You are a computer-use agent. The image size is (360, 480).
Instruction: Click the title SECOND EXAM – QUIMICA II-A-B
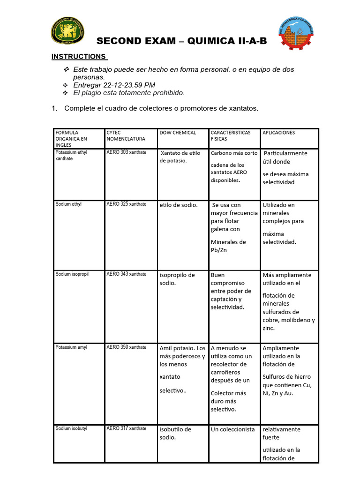point(181,41)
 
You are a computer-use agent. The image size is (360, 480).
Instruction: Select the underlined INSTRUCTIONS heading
point(79,57)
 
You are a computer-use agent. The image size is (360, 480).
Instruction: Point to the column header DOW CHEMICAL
point(178,133)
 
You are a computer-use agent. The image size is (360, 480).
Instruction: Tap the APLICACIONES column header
point(278,133)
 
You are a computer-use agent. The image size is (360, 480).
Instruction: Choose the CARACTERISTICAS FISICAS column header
point(231,136)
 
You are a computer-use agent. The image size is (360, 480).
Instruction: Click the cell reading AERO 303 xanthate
point(126,152)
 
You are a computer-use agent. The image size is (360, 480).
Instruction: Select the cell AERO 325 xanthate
point(126,204)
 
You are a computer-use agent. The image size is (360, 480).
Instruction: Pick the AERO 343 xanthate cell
point(126,274)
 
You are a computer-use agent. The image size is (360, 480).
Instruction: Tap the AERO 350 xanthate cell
point(126,347)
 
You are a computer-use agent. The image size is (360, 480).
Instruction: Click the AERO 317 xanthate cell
point(126,428)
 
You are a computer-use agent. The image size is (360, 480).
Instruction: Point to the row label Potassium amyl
point(71,347)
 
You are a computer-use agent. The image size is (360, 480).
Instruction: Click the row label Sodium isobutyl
point(71,428)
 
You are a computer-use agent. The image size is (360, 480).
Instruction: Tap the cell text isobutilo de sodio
point(175,433)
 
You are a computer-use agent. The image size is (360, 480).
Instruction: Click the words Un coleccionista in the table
point(232,429)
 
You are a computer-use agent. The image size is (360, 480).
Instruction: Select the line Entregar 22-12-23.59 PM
point(114,85)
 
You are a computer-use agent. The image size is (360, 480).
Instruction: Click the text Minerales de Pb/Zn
point(228,246)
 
